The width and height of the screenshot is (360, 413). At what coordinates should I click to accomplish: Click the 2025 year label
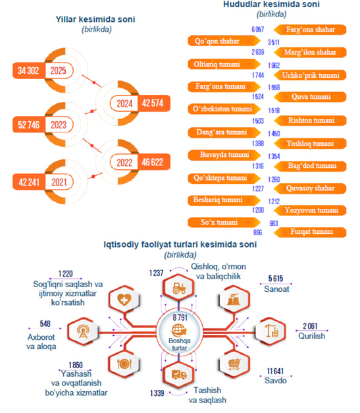(x=59, y=70)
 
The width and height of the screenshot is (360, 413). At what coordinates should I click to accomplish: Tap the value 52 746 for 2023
(x=28, y=125)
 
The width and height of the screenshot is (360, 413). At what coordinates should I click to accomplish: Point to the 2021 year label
(x=59, y=182)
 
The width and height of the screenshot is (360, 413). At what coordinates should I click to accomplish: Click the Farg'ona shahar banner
(x=310, y=30)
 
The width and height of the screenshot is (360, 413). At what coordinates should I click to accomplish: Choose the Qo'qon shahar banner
(x=224, y=41)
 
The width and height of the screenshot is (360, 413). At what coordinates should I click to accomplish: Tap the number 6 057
(x=257, y=30)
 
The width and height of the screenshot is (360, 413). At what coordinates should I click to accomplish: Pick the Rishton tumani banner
(x=310, y=121)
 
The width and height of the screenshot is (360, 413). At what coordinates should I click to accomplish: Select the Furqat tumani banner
(x=310, y=232)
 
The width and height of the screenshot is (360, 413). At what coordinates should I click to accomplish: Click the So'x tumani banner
(x=224, y=222)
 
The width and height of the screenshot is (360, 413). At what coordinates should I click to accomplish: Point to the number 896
(x=257, y=233)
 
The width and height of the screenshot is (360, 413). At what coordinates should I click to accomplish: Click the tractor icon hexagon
(x=179, y=288)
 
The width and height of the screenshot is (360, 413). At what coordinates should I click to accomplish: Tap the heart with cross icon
(x=124, y=300)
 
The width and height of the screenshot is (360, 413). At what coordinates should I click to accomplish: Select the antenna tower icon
(x=83, y=331)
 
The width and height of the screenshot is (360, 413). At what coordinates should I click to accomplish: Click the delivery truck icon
(x=179, y=375)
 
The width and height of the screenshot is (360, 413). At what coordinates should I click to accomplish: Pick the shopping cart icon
(x=234, y=364)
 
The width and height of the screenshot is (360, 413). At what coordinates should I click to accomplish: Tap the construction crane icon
(x=271, y=331)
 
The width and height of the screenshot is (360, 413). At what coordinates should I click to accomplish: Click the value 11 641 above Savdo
(x=275, y=371)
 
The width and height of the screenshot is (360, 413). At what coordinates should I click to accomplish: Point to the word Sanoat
(x=276, y=289)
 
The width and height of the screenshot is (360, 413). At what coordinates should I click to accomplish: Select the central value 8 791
(x=180, y=317)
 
